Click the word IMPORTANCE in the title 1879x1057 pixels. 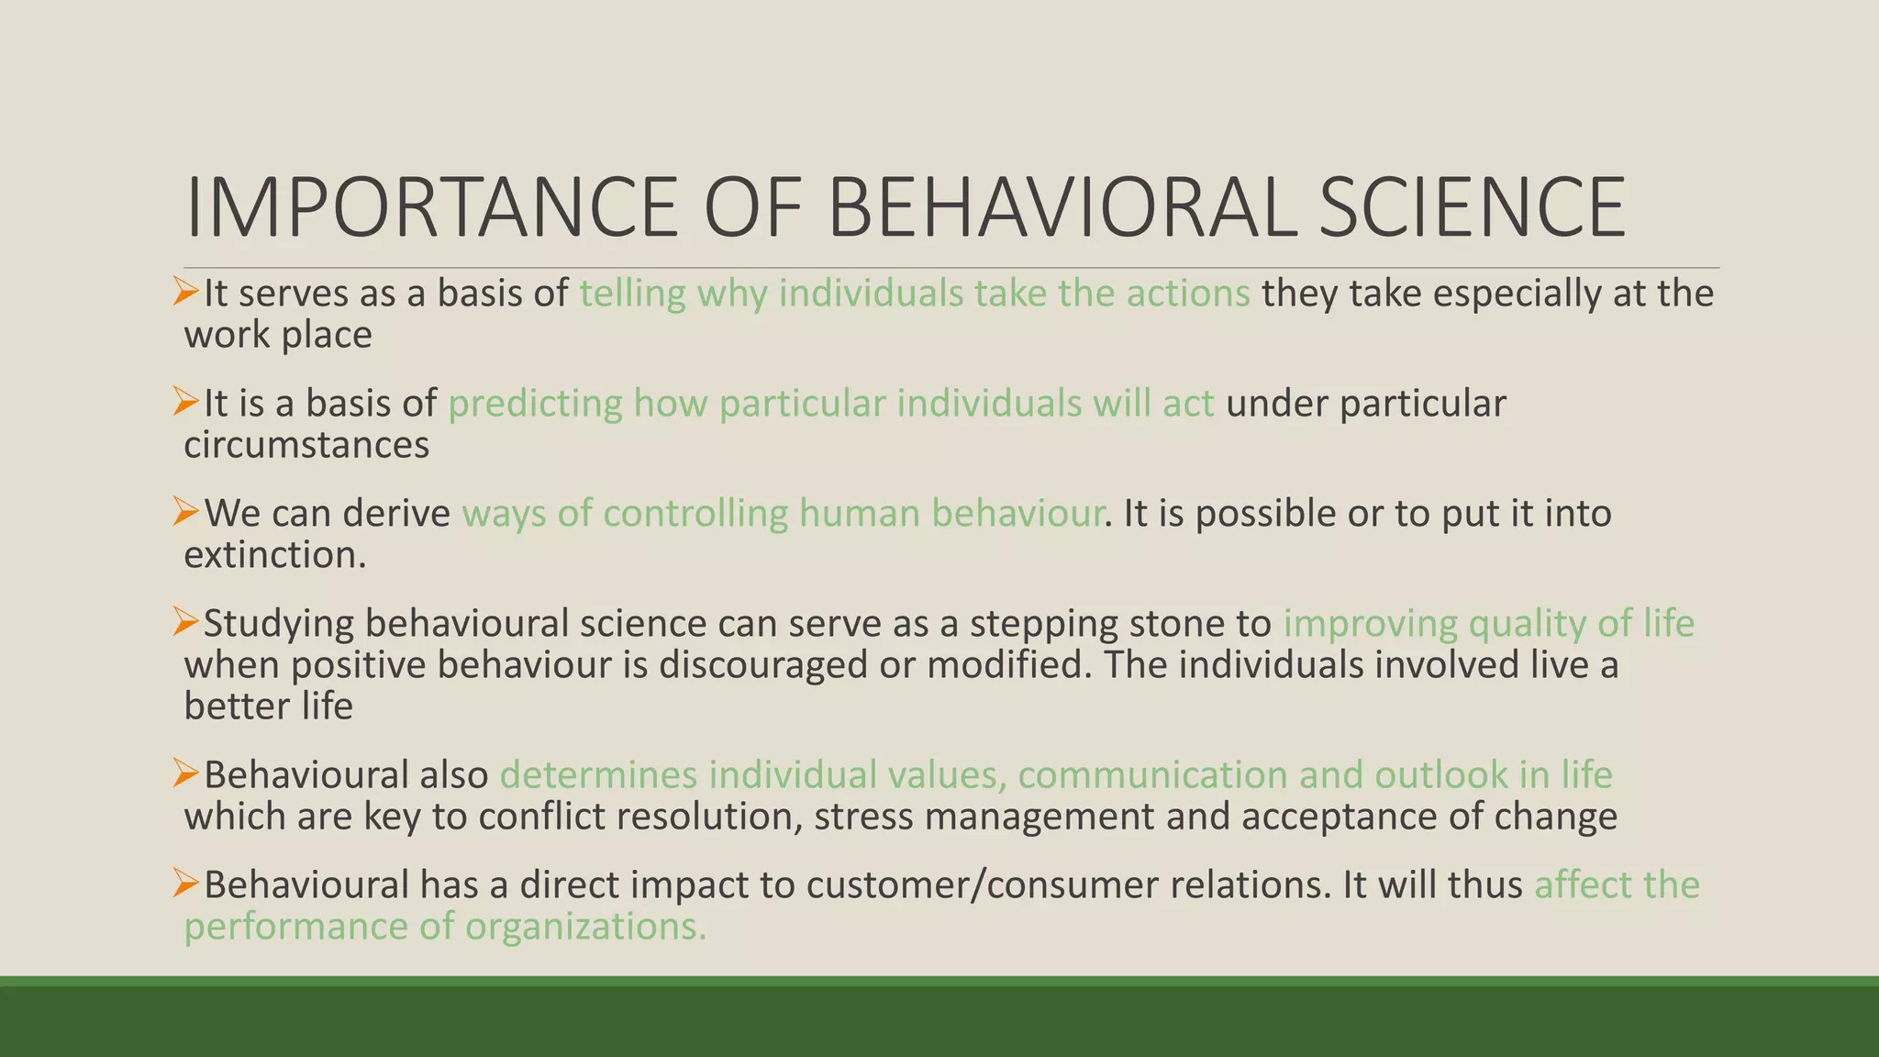pyautogui.click(x=430, y=208)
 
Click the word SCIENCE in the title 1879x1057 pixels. pyautogui.click(x=1472, y=208)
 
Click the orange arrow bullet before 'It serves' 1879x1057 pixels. pyautogui.click(x=186, y=293)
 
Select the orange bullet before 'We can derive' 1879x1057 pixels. pyautogui.click(x=186, y=512)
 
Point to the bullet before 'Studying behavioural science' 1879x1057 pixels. pyautogui.click(x=186, y=623)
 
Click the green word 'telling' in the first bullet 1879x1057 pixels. pyautogui.click(x=632, y=294)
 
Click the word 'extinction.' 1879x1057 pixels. pyautogui.click(x=275, y=555)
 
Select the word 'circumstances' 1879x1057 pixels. pyautogui.click(x=306, y=445)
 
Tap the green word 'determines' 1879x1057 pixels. pyautogui.click(x=598, y=775)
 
